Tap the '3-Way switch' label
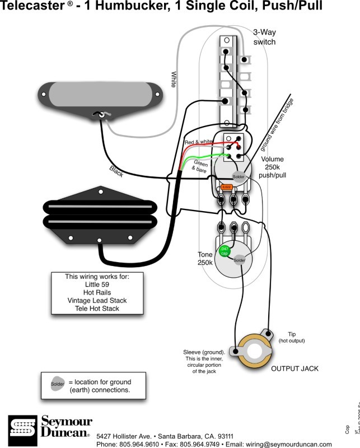click(x=265, y=38)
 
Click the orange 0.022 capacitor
click(x=226, y=186)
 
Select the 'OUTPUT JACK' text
click(x=295, y=368)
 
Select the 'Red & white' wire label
click(x=198, y=143)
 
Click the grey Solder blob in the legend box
click(x=57, y=385)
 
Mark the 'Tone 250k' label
click(x=205, y=258)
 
